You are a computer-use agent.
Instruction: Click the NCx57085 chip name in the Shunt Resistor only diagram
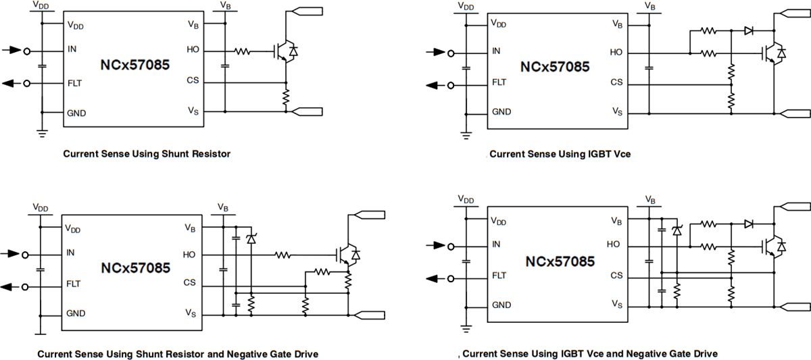click(x=134, y=66)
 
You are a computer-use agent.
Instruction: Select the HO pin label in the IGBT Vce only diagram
click(x=616, y=52)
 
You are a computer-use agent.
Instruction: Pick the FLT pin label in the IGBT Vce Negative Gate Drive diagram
click(x=499, y=276)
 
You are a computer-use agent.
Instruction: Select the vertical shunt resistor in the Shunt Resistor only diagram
click(x=287, y=98)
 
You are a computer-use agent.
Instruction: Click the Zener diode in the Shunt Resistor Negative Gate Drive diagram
click(x=251, y=239)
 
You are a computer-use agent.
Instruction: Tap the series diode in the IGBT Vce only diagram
click(x=748, y=30)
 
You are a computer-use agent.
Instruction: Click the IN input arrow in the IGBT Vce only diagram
click(x=433, y=51)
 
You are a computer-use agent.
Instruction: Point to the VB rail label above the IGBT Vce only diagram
click(x=649, y=6)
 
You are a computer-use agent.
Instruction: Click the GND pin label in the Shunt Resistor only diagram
click(x=76, y=113)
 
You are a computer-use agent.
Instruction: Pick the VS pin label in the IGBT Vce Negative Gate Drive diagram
click(x=616, y=304)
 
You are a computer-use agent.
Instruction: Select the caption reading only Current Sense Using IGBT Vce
click(x=560, y=154)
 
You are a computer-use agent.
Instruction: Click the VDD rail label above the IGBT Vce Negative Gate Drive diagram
click(x=466, y=199)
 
